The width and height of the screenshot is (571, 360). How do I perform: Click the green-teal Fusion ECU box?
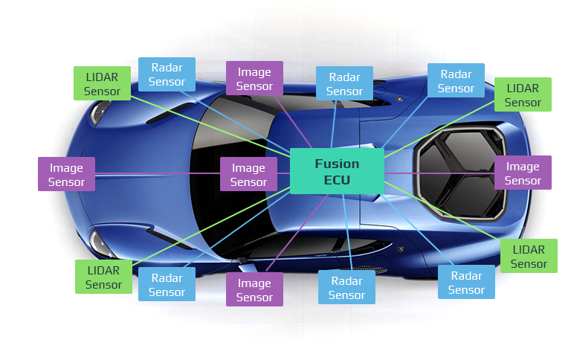tap(337, 171)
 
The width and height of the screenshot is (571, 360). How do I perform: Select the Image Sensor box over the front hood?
tap(66, 174)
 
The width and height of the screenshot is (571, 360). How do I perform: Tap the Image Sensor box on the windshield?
tap(248, 174)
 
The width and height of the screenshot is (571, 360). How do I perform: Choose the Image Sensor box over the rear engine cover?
tap(523, 173)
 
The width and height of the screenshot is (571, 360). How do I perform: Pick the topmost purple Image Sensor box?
tap(254, 78)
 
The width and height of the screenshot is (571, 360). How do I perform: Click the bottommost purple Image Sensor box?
tap(254, 289)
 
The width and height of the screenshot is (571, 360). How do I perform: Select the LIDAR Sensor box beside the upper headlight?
tap(102, 83)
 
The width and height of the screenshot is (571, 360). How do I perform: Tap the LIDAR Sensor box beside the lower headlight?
tap(103, 277)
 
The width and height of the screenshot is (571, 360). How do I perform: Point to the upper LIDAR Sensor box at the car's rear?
tap(523, 94)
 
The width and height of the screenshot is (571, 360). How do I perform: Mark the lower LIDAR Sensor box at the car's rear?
tap(529, 256)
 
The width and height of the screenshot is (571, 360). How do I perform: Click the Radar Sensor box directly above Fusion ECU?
tap(344, 83)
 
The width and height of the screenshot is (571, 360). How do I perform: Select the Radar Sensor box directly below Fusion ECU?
tap(346, 287)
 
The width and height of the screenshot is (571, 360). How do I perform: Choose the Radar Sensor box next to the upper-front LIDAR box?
tap(167, 74)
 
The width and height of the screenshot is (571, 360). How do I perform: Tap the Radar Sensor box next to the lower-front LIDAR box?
tap(167, 284)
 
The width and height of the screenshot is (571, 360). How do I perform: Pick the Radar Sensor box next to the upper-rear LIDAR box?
tap(456, 80)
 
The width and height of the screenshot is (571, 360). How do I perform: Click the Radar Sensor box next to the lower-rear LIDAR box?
tap(466, 282)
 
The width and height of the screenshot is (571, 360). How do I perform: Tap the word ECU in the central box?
tap(337, 180)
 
